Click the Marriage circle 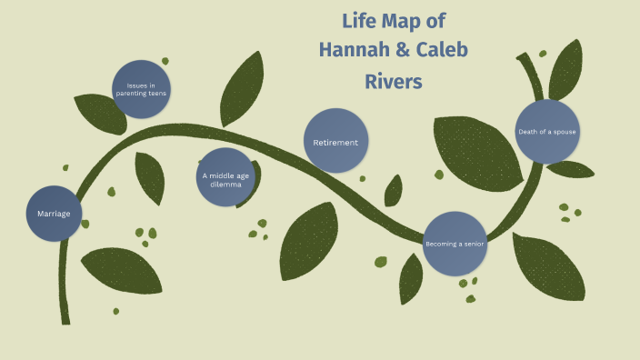point(54,214)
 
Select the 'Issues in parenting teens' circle point(141,89)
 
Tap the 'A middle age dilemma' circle point(225,176)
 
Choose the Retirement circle point(335,141)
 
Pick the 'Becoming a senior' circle point(455,244)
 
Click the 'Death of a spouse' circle point(547,132)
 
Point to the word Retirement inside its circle point(335,143)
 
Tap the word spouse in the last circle point(563,132)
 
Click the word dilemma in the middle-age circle point(225,184)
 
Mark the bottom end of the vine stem point(65,318)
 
